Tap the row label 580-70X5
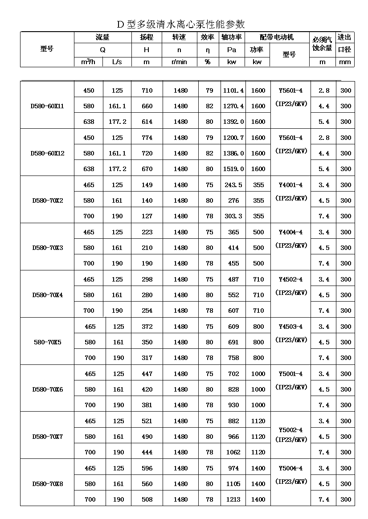point(48,342)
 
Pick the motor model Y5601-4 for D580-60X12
point(290,138)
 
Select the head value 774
point(147,138)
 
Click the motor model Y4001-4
point(290,185)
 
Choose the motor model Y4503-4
point(290,327)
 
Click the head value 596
point(147,468)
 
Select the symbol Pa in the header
point(232,50)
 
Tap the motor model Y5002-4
point(290,430)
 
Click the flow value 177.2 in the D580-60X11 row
point(118,122)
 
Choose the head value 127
point(147,216)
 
